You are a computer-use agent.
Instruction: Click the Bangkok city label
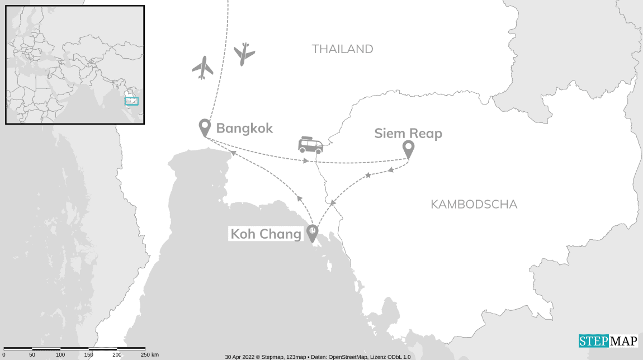point(244,129)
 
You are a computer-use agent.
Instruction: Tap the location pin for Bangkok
point(205,127)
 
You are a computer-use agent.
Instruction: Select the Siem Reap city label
point(408,134)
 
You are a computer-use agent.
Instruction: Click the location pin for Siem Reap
point(409,149)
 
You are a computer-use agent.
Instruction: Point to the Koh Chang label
point(266,234)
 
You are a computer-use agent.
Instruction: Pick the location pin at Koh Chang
point(312,233)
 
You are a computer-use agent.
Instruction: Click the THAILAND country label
point(342,49)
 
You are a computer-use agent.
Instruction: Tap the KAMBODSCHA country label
point(474,204)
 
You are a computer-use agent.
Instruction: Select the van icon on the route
point(310,145)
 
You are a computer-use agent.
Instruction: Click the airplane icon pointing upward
point(203,68)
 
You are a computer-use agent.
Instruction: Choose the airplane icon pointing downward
point(244,54)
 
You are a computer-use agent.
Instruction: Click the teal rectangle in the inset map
point(131,101)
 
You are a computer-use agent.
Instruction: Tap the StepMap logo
point(608,341)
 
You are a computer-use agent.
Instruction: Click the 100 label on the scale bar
point(60,355)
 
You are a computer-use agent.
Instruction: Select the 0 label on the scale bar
point(4,355)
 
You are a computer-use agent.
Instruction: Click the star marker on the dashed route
point(368,176)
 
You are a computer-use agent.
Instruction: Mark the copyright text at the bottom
point(318,357)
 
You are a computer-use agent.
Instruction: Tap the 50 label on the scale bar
point(32,355)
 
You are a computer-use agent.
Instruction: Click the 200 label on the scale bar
point(117,355)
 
